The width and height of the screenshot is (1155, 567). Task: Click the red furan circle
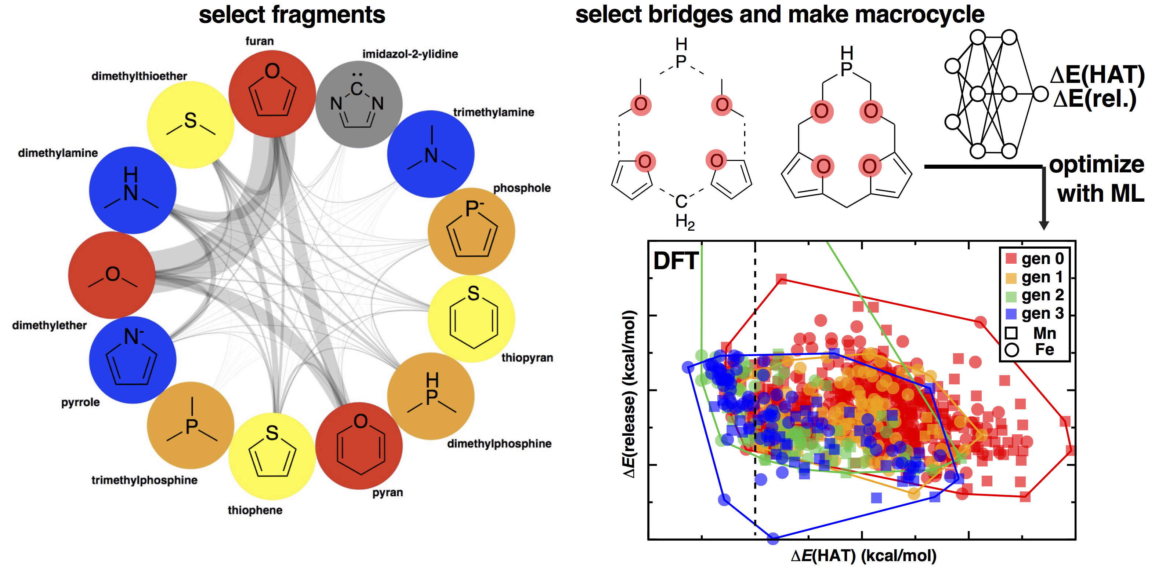point(272,94)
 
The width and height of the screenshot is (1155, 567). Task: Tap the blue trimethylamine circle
point(430,154)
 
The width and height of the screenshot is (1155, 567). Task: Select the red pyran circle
point(359,446)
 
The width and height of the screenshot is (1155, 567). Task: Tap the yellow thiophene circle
point(272,456)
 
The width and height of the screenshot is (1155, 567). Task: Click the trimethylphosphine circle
point(191,425)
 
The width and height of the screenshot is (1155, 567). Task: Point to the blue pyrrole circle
point(132,360)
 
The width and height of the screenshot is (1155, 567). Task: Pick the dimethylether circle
point(112,275)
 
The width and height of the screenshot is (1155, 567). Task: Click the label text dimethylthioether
point(139,76)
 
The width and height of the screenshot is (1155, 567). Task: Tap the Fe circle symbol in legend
point(1011,350)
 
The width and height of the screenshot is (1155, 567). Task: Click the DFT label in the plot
point(675,261)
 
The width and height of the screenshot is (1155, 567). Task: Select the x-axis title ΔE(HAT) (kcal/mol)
point(863,555)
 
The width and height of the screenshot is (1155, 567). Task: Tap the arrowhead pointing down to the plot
point(1044,225)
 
